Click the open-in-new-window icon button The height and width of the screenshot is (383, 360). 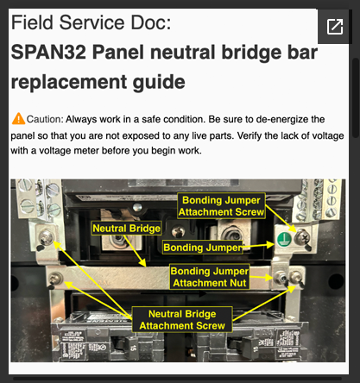tap(333, 27)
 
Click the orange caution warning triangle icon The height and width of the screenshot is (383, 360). tap(18, 118)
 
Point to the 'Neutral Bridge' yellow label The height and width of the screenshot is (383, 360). tap(126, 228)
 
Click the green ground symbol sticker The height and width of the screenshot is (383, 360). tap(282, 237)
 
